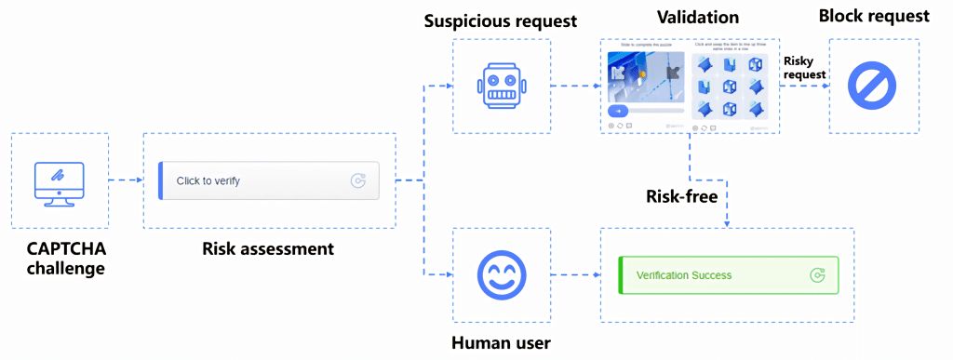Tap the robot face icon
pos(502,87)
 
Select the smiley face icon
pos(502,275)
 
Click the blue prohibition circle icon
pos(872,87)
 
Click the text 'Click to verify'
pos(208,181)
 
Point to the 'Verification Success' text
pos(684,275)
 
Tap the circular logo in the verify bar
pos(358,181)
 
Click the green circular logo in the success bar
pos(817,275)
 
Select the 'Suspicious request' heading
pos(502,20)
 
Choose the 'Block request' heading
pos(873,17)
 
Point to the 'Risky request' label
pos(803,68)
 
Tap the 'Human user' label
pos(501,343)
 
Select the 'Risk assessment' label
pos(268,249)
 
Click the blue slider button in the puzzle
pos(618,111)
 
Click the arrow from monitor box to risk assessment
pos(126,180)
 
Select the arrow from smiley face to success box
pos(574,275)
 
